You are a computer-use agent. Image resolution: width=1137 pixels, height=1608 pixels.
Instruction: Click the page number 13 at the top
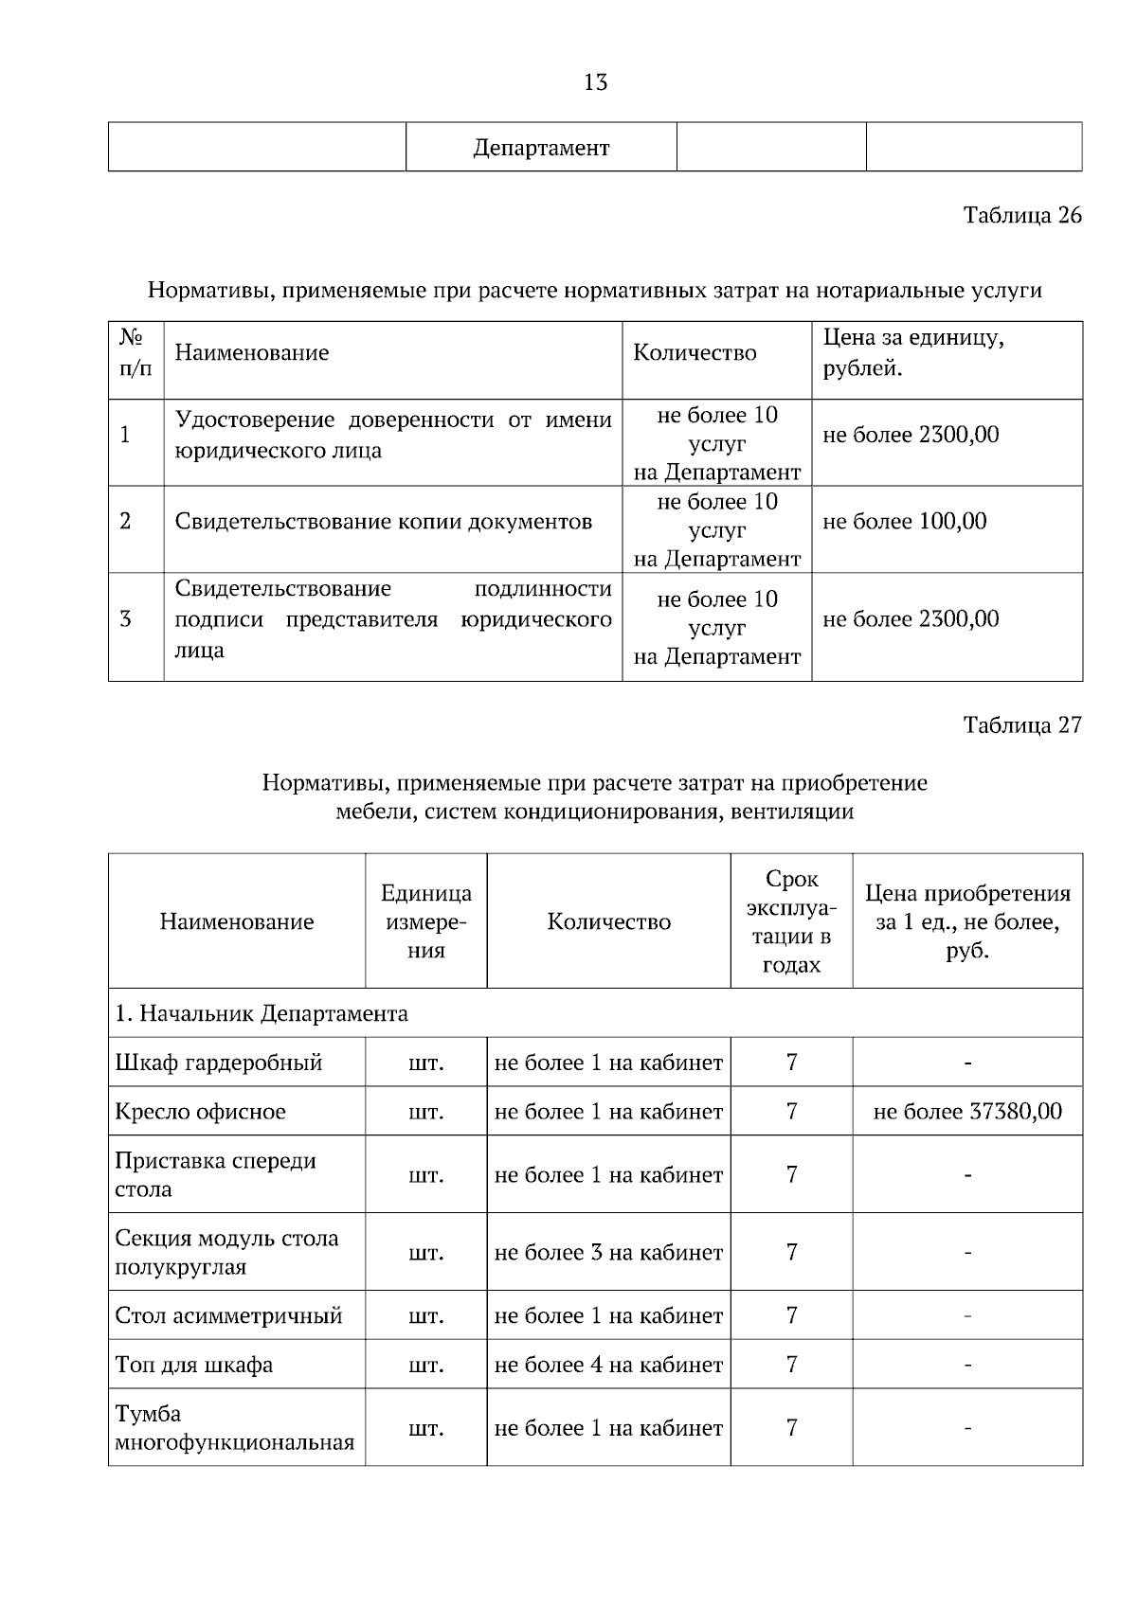coord(595,83)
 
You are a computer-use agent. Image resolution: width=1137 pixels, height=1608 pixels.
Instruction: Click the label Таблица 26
coord(1021,215)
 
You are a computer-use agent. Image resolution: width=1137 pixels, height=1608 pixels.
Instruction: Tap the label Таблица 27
coord(1021,725)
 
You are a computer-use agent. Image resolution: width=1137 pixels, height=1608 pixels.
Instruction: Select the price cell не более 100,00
coord(904,521)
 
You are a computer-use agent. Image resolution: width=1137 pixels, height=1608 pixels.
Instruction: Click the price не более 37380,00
coord(966,1111)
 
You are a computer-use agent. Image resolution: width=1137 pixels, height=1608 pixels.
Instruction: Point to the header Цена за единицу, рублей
coord(913,352)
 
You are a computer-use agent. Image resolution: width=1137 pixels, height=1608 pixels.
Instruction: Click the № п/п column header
coord(135,352)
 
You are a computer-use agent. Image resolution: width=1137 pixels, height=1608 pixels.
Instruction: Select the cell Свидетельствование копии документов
coord(384,521)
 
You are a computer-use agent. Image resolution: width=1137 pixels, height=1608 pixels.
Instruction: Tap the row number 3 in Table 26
coord(125,619)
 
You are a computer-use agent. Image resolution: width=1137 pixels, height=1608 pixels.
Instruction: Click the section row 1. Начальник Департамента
coord(262,1013)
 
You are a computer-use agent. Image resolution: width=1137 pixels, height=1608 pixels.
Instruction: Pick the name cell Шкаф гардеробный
coord(219,1063)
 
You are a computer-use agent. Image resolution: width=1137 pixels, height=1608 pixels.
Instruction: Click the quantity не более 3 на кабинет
coord(608,1252)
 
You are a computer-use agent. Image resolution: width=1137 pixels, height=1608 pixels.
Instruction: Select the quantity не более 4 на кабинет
coord(608,1365)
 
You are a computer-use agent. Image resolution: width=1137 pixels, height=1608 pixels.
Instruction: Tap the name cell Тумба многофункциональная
coord(234,1428)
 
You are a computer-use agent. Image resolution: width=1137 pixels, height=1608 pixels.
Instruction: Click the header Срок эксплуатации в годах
coord(791,921)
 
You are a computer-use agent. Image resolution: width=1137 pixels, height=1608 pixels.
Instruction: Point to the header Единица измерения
coord(426,921)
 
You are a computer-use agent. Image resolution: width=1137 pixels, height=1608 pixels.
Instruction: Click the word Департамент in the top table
coord(541,148)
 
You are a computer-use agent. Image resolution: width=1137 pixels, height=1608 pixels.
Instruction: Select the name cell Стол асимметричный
coord(228,1315)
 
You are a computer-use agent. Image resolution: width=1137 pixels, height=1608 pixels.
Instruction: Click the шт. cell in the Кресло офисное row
coord(426,1111)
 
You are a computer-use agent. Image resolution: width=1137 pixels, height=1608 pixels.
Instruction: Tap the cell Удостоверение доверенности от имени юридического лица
coord(393,435)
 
